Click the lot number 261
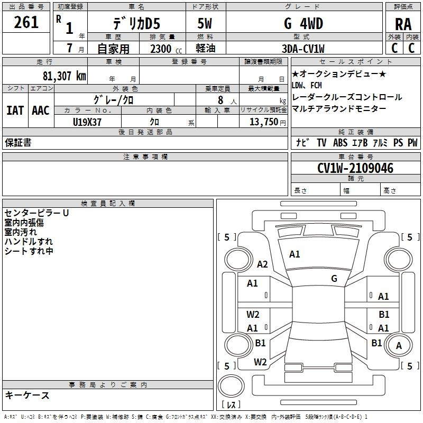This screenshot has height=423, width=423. click(26, 22)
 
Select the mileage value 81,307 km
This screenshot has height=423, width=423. click(65, 76)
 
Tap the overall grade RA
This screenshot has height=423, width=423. click(403, 24)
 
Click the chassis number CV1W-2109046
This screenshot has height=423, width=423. click(355, 168)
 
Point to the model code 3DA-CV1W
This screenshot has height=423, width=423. click(303, 49)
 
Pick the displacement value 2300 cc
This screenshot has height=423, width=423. click(166, 49)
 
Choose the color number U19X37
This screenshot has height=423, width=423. click(87, 122)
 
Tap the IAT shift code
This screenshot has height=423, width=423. click(15, 111)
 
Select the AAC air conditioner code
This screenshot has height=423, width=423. click(41, 111)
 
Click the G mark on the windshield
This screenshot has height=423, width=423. click(334, 278)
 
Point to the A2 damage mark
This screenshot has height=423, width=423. click(262, 264)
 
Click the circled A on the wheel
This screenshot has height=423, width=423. click(399, 346)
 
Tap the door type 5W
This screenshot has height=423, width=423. click(205, 23)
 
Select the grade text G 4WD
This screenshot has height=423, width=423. click(304, 23)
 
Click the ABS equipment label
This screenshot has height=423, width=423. click(340, 142)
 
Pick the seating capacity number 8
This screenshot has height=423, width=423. click(220, 100)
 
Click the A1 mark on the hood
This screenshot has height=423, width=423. click(295, 254)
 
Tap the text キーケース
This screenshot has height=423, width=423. click(27, 395)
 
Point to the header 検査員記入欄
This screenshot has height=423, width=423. click(108, 204)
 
